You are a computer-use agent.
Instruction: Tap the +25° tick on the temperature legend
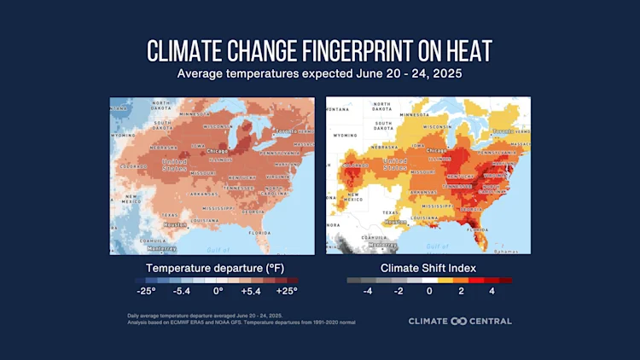click(x=286, y=291)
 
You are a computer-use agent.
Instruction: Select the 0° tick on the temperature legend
click(x=218, y=291)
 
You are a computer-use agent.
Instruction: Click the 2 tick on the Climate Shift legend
click(x=461, y=291)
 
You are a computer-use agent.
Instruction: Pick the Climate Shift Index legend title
click(x=428, y=266)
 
